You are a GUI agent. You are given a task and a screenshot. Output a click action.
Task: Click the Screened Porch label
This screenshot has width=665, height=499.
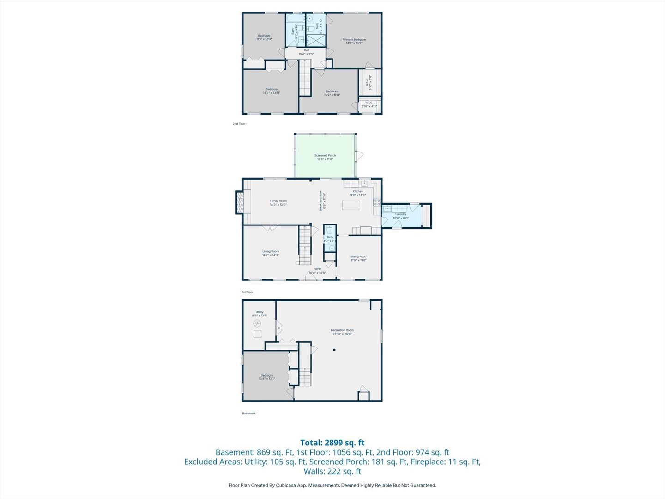pyautogui.click(x=325, y=157)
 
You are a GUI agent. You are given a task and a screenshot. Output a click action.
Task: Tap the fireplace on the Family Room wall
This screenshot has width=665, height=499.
pyautogui.click(x=239, y=202)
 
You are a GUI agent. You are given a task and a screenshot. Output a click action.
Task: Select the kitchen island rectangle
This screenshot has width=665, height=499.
pyautogui.click(x=351, y=205)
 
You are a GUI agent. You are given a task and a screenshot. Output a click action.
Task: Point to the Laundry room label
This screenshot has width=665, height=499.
pyautogui.click(x=400, y=216)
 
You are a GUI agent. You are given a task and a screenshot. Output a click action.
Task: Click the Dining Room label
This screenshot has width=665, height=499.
pyautogui.click(x=358, y=258)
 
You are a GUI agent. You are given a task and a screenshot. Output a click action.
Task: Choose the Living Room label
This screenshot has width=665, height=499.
pyautogui.click(x=271, y=253)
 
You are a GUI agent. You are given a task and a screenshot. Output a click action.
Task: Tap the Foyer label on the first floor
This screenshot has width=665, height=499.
pyautogui.click(x=317, y=270)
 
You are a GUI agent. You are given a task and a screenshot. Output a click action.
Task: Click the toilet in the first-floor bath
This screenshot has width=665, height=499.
pyautogui.click(x=330, y=230)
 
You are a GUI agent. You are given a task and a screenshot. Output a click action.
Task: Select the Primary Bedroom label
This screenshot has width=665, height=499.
pyautogui.click(x=354, y=41)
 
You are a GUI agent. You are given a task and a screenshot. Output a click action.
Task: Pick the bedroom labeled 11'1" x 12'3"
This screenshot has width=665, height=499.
pyautogui.click(x=264, y=37)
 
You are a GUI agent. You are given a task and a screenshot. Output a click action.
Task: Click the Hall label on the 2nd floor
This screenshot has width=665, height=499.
pyautogui.click(x=306, y=52)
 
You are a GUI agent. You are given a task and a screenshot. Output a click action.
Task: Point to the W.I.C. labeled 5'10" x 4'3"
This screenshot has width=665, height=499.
pyautogui.click(x=369, y=104)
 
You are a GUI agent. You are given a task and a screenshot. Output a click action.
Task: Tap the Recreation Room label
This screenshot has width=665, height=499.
pyautogui.click(x=342, y=332)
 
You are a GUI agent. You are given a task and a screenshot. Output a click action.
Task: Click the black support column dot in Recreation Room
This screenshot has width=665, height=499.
pyautogui.click(x=335, y=350)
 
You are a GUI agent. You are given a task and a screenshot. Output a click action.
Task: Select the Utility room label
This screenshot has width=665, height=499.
pyautogui.click(x=260, y=314)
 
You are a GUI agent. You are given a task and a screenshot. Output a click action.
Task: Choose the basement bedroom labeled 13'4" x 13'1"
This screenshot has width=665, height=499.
pyautogui.click(x=266, y=377)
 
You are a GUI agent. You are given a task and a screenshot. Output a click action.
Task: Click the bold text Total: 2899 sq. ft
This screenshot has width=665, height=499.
pyautogui.click(x=332, y=443)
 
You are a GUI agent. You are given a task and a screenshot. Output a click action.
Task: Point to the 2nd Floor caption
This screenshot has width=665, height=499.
pyautogui.click(x=239, y=124)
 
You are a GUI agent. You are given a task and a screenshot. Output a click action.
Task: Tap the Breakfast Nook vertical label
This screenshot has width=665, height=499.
pyautogui.click(x=323, y=201)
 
